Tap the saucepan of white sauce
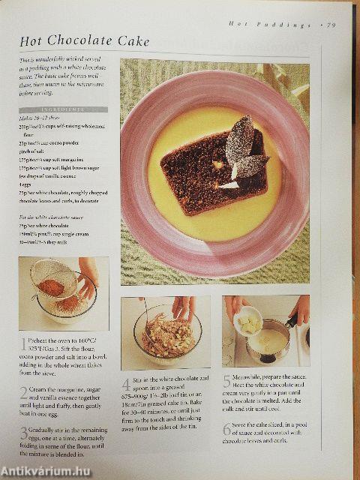coord(268,340)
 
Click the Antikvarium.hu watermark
coord(49,469)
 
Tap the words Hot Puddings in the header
coord(270,25)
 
